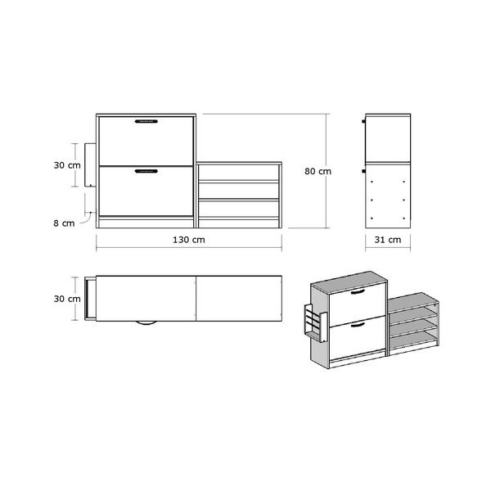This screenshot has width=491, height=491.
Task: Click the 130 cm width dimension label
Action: coord(189,240)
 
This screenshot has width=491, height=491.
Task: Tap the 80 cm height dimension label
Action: coord(318,171)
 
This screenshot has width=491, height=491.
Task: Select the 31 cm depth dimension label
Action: coord(388,240)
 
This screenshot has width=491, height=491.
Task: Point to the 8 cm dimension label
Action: coord(64,223)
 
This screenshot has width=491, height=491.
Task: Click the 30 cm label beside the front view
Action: coord(67,165)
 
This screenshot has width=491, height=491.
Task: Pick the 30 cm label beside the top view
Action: coord(67,299)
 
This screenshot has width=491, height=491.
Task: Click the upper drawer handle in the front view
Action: coord(146,121)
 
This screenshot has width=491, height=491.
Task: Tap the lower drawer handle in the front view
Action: coord(146,171)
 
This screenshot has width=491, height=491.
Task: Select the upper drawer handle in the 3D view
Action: coord(358,292)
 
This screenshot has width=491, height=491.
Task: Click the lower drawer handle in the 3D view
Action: coord(358,326)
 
